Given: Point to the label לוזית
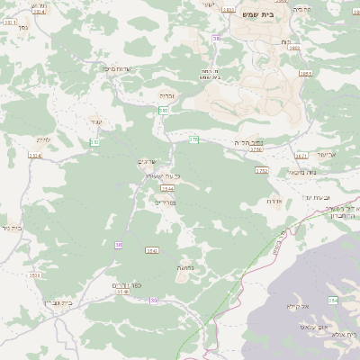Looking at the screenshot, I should point(41,139).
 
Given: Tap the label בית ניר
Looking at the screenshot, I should point(10,228).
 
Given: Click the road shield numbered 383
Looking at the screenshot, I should point(164,110).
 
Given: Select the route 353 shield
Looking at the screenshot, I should point(94,142).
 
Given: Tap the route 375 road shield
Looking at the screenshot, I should point(193,139).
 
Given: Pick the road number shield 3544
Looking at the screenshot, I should point(167,188).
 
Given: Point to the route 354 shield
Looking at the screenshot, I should point(332,301).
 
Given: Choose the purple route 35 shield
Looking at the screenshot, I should point(154,300).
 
